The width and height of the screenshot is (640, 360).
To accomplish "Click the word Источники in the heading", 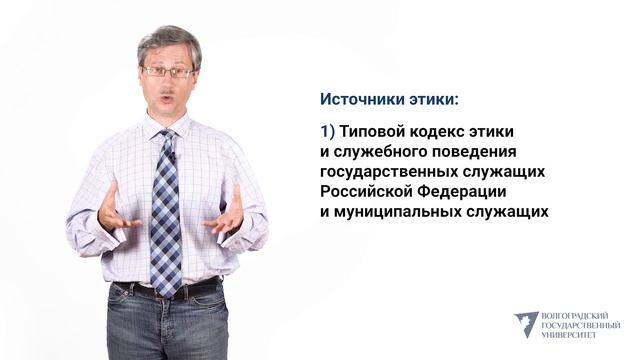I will pyautogui.click(x=360, y=99).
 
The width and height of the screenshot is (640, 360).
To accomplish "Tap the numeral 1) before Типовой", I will pyautogui.click(x=327, y=131).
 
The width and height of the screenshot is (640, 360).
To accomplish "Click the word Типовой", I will pyautogui.click(x=374, y=131).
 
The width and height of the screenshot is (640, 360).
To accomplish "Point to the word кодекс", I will pyautogui.click(x=445, y=131).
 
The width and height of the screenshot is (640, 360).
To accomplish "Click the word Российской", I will pyautogui.click(x=366, y=191).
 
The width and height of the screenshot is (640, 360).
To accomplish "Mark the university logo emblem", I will pyautogui.click(x=525, y=323).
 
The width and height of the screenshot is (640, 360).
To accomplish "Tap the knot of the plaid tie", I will pyautogui.click(x=167, y=137).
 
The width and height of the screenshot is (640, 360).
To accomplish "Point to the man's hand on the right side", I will pyautogui.click(x=226, y=212).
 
